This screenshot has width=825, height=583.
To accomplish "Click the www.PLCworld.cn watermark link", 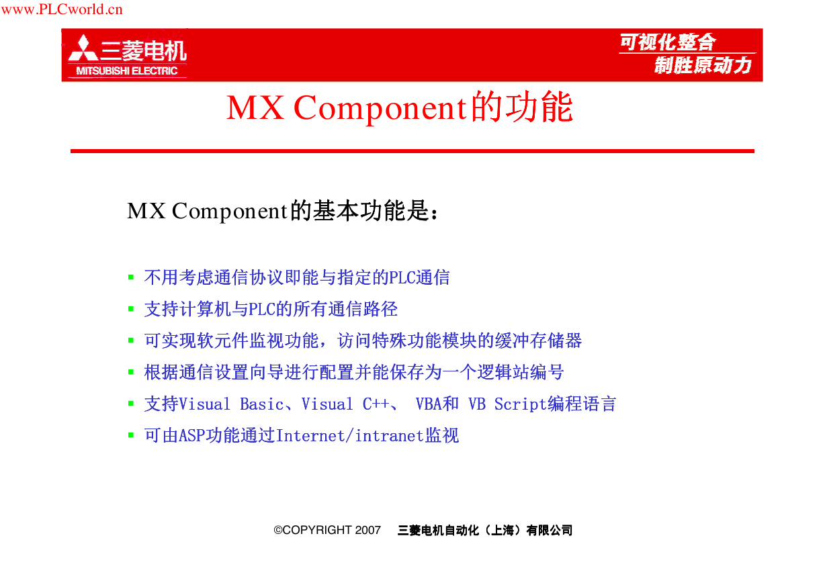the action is coord(62,9).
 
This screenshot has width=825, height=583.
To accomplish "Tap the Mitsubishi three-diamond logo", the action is coord(83,48).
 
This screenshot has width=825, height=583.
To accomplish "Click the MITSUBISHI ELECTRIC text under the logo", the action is coord(127,71).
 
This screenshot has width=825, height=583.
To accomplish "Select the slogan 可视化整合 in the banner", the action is coord(668,42).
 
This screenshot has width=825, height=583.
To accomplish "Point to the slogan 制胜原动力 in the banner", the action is coord(703,65).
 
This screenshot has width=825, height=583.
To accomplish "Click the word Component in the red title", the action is coord(381,109).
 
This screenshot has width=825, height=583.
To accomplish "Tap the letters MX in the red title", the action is coord(255,107).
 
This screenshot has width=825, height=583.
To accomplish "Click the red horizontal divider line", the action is coord(412,151).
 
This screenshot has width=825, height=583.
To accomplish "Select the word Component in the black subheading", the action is coord(230,212).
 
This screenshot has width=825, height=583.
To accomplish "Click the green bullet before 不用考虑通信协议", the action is coord(131,277).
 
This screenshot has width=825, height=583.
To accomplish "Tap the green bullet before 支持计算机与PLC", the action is coord(131,309).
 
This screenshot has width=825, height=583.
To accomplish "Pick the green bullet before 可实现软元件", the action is coord(131,341).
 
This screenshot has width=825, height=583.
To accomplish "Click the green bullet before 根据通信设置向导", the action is coord(131,372).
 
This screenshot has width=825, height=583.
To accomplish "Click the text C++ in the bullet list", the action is coord(376,404).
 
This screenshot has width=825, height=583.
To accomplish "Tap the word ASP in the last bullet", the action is coord(192,436).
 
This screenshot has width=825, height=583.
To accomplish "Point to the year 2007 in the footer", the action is coord(367,530).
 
